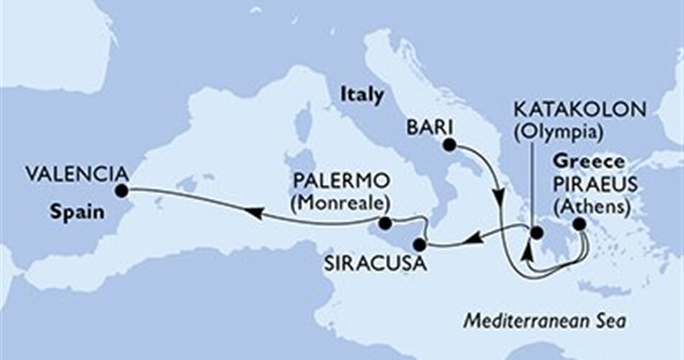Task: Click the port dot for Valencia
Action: [x=121, y=191]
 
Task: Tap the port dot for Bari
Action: [x=449, y=145]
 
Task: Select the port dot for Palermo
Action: [x=385, y=223]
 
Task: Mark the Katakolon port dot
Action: [x=535, y=233]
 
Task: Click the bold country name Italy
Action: [x=363, y=94]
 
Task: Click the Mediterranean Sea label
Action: [x=544, y=318]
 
